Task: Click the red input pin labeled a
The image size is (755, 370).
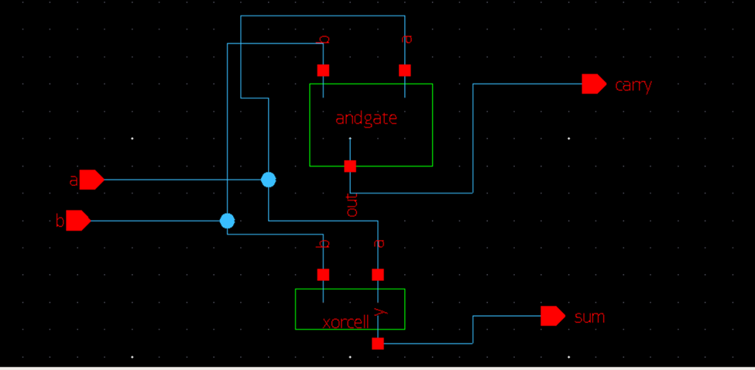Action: tap(91, 180)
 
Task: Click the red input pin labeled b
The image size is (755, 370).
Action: tap(78, 221)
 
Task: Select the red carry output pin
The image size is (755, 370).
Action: tap(594, 84)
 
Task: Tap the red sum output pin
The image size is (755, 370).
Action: tap(553, 316)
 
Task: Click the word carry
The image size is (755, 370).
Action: tap(633, 85)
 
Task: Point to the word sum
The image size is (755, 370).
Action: tap(589, 317)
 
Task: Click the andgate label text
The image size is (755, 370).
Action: tap(366, 118)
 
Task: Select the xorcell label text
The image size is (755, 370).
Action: tap(345, 322)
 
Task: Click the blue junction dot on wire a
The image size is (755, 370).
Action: tap(268, 180)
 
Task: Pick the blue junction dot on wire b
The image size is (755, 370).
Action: tap(227, 221)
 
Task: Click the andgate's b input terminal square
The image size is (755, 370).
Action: tap(323, 70)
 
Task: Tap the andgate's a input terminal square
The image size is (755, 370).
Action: tap(405, 70)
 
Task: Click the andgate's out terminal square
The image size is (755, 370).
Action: tap(350, 166)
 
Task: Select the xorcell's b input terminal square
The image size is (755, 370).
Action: tap(323, 275)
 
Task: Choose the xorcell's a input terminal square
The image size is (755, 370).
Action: tap(378, 275)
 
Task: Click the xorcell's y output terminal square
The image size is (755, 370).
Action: tap(378, 344)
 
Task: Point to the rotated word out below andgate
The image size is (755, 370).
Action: tap(352, 205)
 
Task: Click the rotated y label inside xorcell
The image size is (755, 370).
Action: tap(381, 311)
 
